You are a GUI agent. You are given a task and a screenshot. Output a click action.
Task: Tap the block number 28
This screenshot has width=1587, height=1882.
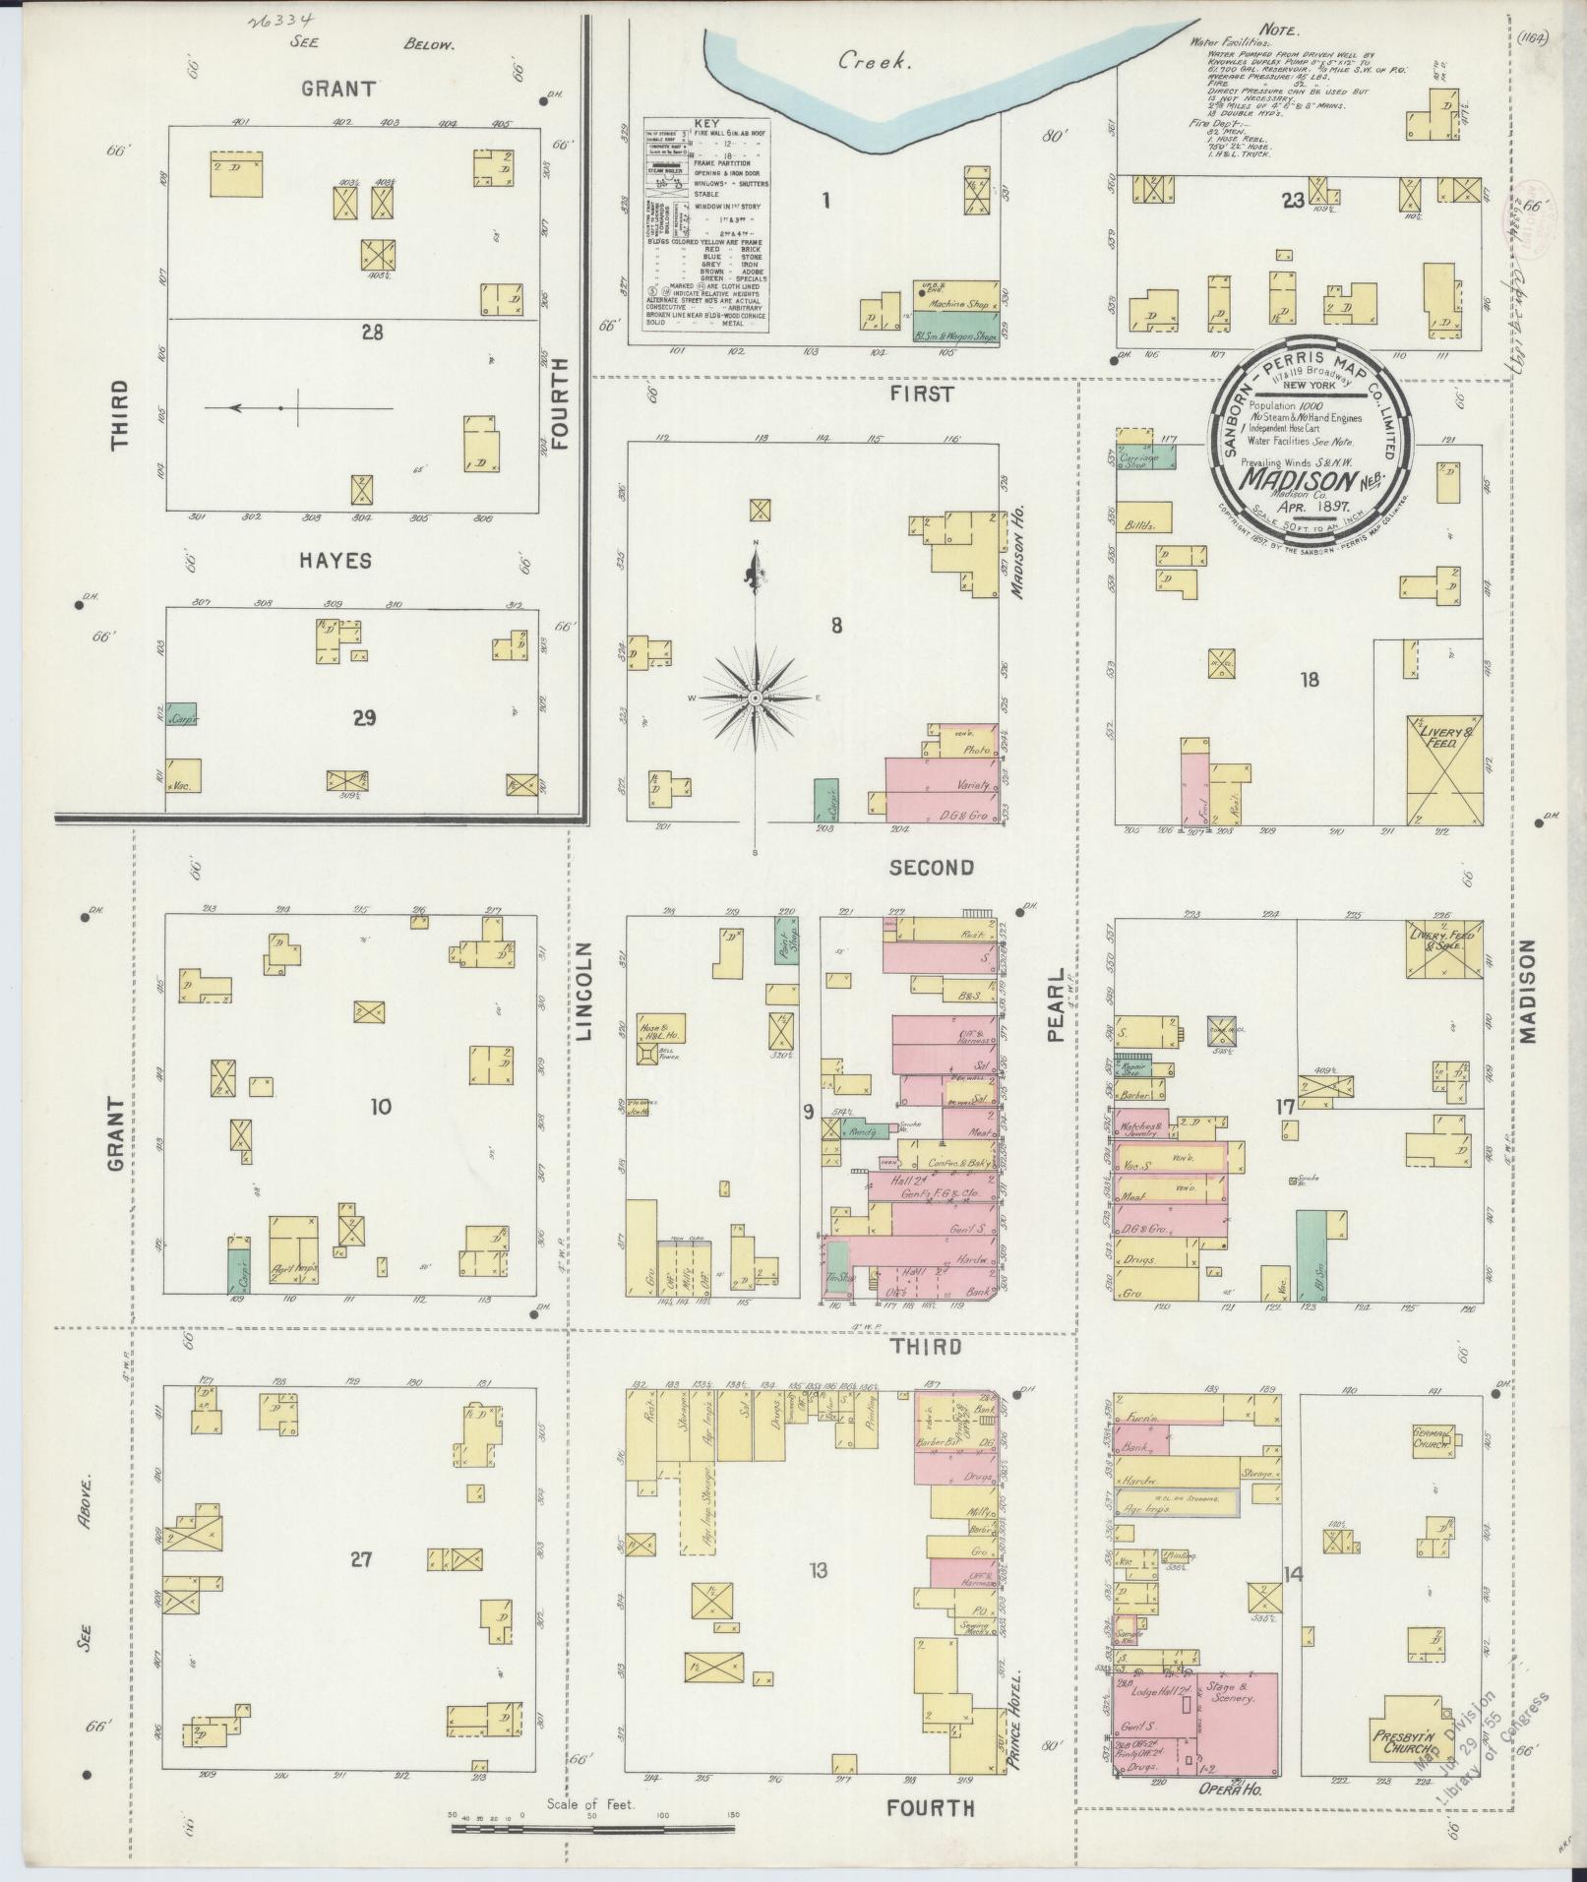point(372,333)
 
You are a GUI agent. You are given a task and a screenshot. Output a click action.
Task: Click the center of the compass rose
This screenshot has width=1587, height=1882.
point(755,698)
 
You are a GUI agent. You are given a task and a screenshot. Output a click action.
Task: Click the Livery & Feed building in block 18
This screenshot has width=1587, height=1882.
point(1443,768)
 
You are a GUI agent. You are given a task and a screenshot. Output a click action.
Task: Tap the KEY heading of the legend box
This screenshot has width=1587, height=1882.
point(707,124)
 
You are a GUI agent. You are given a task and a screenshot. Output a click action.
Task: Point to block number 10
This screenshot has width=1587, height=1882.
point(381,1107)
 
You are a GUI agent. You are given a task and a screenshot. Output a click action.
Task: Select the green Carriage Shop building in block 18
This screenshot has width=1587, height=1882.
point(1139,457)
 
